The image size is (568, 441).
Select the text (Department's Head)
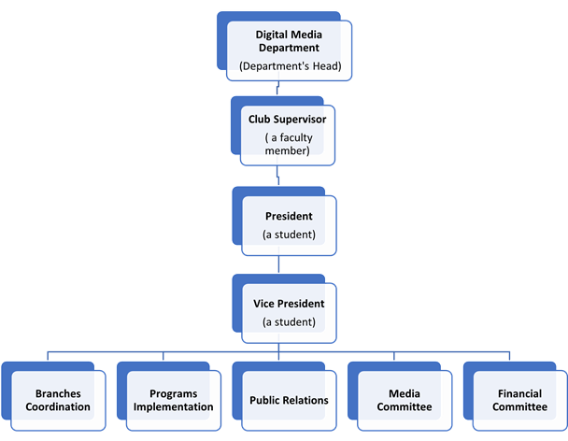(x=289, y=66)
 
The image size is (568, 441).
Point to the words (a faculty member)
(x=289, y=144)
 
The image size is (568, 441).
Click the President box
(x=289, y=223)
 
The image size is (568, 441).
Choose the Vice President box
(x=289, y=311)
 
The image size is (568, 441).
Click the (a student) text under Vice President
(x=289, y=322)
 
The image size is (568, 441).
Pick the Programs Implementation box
(x=173, y=400)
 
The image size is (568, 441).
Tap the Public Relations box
(x=289, y=400)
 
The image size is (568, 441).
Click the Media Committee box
(x=404, y=400)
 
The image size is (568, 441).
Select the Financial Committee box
(x=519, y=400)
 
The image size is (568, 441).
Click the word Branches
(x=57, y=393)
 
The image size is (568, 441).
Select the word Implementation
(x=173, y=406)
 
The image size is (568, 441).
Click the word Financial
(x=519, y=393)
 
